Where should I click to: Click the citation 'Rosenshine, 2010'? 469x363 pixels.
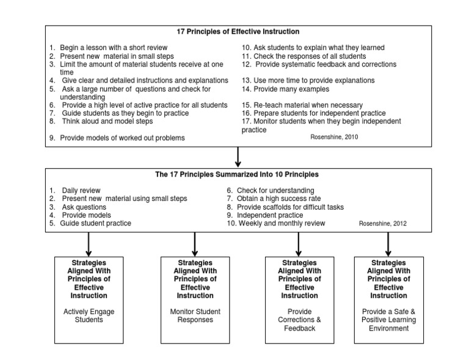335,137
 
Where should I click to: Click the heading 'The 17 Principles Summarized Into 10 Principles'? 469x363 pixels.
237,174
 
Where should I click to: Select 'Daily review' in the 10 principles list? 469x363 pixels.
81,191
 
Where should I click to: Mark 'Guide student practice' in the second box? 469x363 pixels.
95,223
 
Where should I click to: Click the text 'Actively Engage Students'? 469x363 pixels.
89,315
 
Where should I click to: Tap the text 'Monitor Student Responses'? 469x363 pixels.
195,315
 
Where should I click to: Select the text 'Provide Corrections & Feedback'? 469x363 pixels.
299,320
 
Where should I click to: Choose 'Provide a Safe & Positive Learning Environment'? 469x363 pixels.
388,320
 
